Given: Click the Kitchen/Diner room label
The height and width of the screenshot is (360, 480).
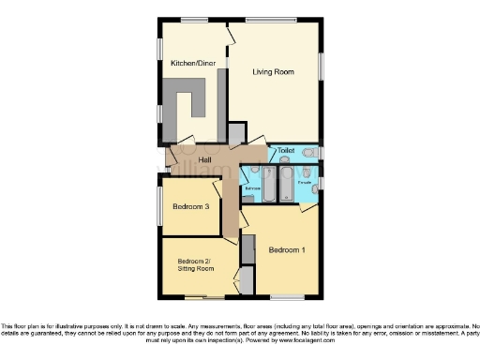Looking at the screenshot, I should (192, 64).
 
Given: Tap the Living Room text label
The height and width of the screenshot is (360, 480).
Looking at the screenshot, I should (274, 71).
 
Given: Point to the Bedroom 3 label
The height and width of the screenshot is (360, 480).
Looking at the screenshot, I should (190, 207).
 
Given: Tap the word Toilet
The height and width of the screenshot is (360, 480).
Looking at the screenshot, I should (286, 151).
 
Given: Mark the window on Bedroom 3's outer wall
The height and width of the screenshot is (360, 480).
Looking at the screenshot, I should (158, 206).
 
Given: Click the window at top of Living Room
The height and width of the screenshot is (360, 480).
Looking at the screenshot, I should (272, 20).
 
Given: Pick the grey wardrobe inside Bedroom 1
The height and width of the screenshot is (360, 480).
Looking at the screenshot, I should (248, 250).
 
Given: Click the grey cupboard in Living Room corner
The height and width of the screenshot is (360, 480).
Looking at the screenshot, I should (236, 133).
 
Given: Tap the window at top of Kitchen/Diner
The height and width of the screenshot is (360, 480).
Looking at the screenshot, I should (194, 20).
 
